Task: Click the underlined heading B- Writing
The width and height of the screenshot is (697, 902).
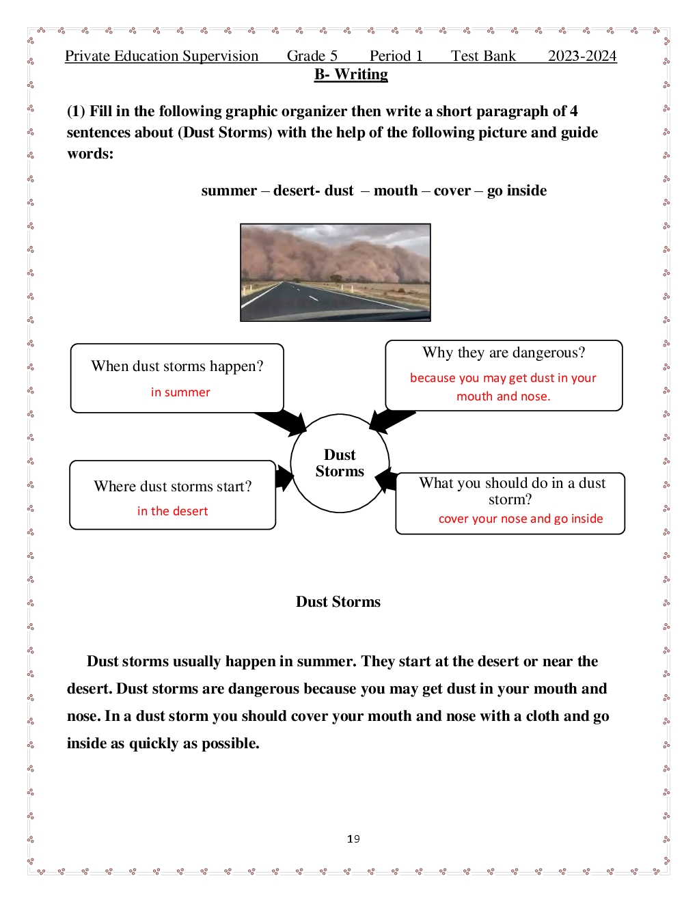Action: (x=351, y=74)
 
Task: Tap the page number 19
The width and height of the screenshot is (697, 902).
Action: (x=353, y=839)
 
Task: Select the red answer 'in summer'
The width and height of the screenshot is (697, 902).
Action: (x=180, y=392)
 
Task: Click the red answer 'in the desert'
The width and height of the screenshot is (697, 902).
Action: (x=172, y=511)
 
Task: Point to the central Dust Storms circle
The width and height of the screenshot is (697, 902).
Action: (x=340, y=463)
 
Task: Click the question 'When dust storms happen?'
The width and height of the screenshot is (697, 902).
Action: (x=177, y=366)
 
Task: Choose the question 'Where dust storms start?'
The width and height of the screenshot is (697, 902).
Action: (x=173, y=487)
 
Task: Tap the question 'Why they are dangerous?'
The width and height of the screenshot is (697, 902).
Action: (x=504, y=353)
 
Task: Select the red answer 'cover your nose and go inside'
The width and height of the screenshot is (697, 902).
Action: (x=521, y=519)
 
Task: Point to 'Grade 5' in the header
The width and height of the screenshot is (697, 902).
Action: (x=312, y=56)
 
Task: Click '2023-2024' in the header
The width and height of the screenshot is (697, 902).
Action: (x=582, y=56)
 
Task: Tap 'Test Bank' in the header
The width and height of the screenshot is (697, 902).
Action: (x=483, y=56)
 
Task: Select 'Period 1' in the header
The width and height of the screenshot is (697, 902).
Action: (x=396, y=56)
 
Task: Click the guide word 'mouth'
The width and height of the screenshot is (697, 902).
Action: (x=395, y=191)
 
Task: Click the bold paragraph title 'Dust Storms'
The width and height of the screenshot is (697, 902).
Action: (x=338, y=602)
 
